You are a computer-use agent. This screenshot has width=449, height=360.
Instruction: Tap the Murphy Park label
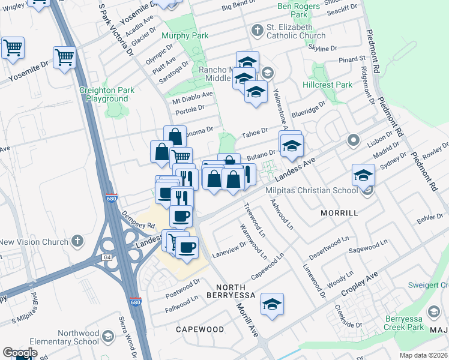point(185,36)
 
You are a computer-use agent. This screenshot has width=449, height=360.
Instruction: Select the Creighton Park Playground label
point(107,94)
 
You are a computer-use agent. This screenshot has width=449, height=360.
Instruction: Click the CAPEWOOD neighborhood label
point(200,329)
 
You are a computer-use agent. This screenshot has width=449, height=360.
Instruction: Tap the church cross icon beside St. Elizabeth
point(257,29)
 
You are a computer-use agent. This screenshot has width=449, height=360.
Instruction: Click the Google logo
point(20,353)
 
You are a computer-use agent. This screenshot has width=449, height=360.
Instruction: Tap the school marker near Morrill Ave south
point(272,305)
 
